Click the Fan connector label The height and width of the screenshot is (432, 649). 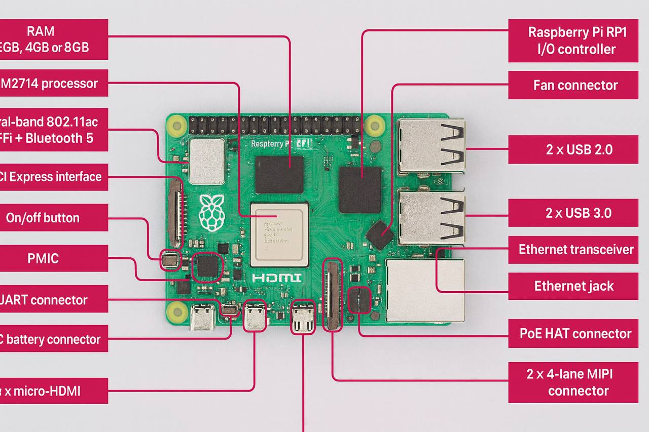pyautogui.click(x=573, y=85)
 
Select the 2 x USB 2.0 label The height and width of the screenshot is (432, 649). pyautogui.click(x=573, y=149)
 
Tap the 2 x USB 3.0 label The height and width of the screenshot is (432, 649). pyautogui.click(x=573, y=213)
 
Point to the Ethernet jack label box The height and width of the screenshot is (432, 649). pyautogui.click(x=573, y=286)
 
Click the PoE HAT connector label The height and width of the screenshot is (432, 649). pyautogui.click(x=573, y=334)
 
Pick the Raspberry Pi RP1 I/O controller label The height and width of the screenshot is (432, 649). pyautogui.click(x=573, y=41)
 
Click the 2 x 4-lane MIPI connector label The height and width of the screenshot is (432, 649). pyautogui.click(x=573, y=382)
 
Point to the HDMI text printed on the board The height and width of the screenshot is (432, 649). pyautogui.click(x=276, y=278)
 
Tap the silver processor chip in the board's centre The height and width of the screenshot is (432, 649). pyautogui.click(x=279, y=234)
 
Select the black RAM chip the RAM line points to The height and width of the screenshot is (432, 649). pyautogui.click(x=279, y=174)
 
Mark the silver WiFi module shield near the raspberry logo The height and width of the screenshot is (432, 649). pyautogui.click(x=207, y=162)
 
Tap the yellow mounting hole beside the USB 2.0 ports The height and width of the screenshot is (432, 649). pyautogui.click(x=374, y=124)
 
